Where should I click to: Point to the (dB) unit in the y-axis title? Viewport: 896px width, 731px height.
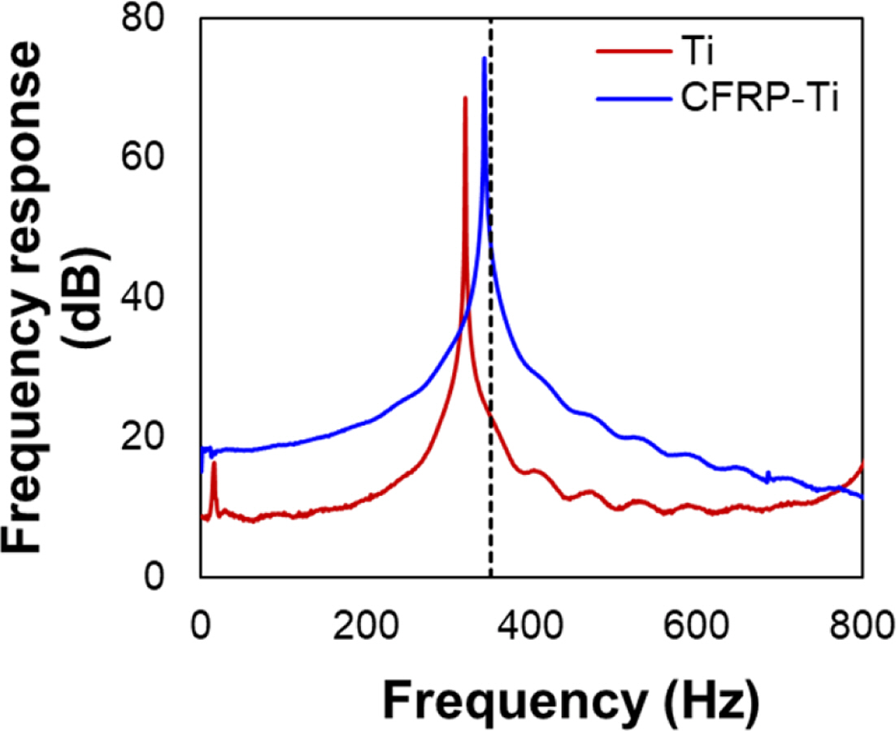click(x=84, y=298)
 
